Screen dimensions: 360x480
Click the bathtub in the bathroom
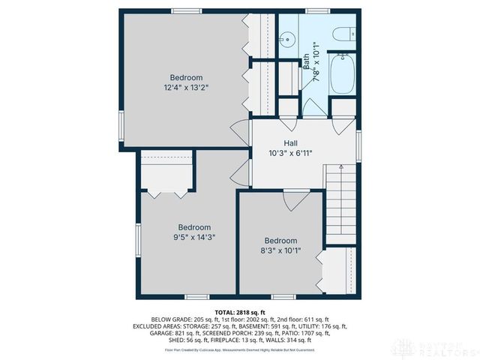click(x=342, y=74)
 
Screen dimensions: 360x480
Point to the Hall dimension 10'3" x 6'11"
click(x=291, y=153)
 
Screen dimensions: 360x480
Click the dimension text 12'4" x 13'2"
click(x=186, y=88)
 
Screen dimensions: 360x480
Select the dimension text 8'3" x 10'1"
click(x=280, y=251)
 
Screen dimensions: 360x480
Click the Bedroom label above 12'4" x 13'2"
click(x=186, y=77)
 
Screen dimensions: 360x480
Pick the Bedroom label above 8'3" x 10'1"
click(x=280, y=241)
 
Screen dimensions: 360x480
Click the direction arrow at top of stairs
click(x=340, y=167)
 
